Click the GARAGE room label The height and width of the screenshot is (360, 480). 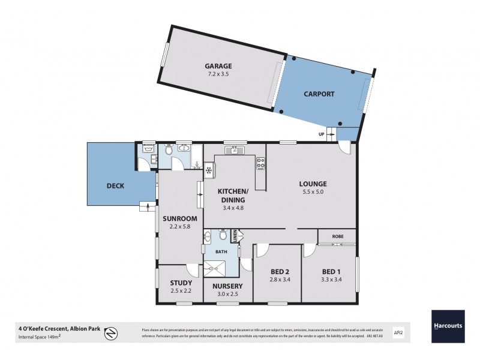(218, 66)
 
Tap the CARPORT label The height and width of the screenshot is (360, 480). (319, 94)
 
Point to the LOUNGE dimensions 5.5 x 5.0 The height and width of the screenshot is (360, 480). (313, 192)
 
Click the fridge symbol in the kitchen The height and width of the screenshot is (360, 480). (209, 170)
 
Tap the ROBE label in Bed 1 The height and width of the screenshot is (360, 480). (337, 236)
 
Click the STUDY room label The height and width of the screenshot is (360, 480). (181, 283)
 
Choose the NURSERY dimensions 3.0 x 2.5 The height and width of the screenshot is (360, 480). (227, 294)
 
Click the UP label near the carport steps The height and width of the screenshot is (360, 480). (322, 134)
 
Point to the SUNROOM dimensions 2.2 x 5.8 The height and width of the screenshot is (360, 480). (179, 227)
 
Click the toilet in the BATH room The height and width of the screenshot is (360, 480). (223, 235)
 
